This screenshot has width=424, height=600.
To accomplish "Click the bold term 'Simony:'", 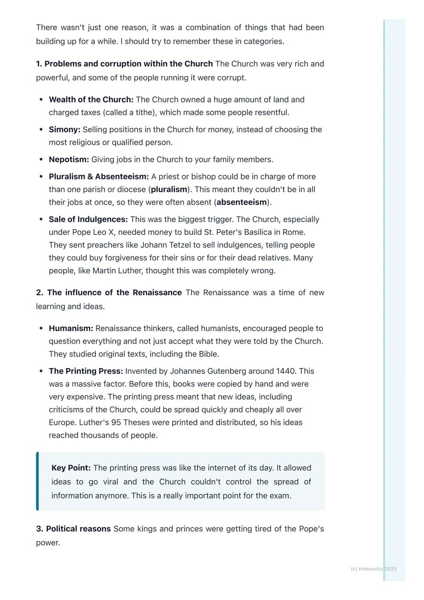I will pos(64,130).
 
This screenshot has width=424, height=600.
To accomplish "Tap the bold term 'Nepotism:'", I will pos(69,159).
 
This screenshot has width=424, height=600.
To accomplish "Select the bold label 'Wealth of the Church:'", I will pos(91,100).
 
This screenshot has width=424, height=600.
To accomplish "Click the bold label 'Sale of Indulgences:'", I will pos(88,219).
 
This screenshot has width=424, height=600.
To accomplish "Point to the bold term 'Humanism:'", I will pos(71,328).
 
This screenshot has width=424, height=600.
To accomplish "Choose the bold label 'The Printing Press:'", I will pos(86,371).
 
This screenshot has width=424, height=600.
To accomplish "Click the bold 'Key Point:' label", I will pos(71,468).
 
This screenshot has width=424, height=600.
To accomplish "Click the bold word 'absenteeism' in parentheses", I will pos(241,202).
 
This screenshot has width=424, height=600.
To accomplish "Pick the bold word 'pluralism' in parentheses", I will pos(169,189).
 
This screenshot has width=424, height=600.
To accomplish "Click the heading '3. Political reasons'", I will pos(73,529).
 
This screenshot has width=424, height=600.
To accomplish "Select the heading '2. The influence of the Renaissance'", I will pos(109,293).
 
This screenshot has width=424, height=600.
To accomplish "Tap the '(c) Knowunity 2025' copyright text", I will pos(373,569).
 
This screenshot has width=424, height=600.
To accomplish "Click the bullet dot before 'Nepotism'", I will pos(41,159).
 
